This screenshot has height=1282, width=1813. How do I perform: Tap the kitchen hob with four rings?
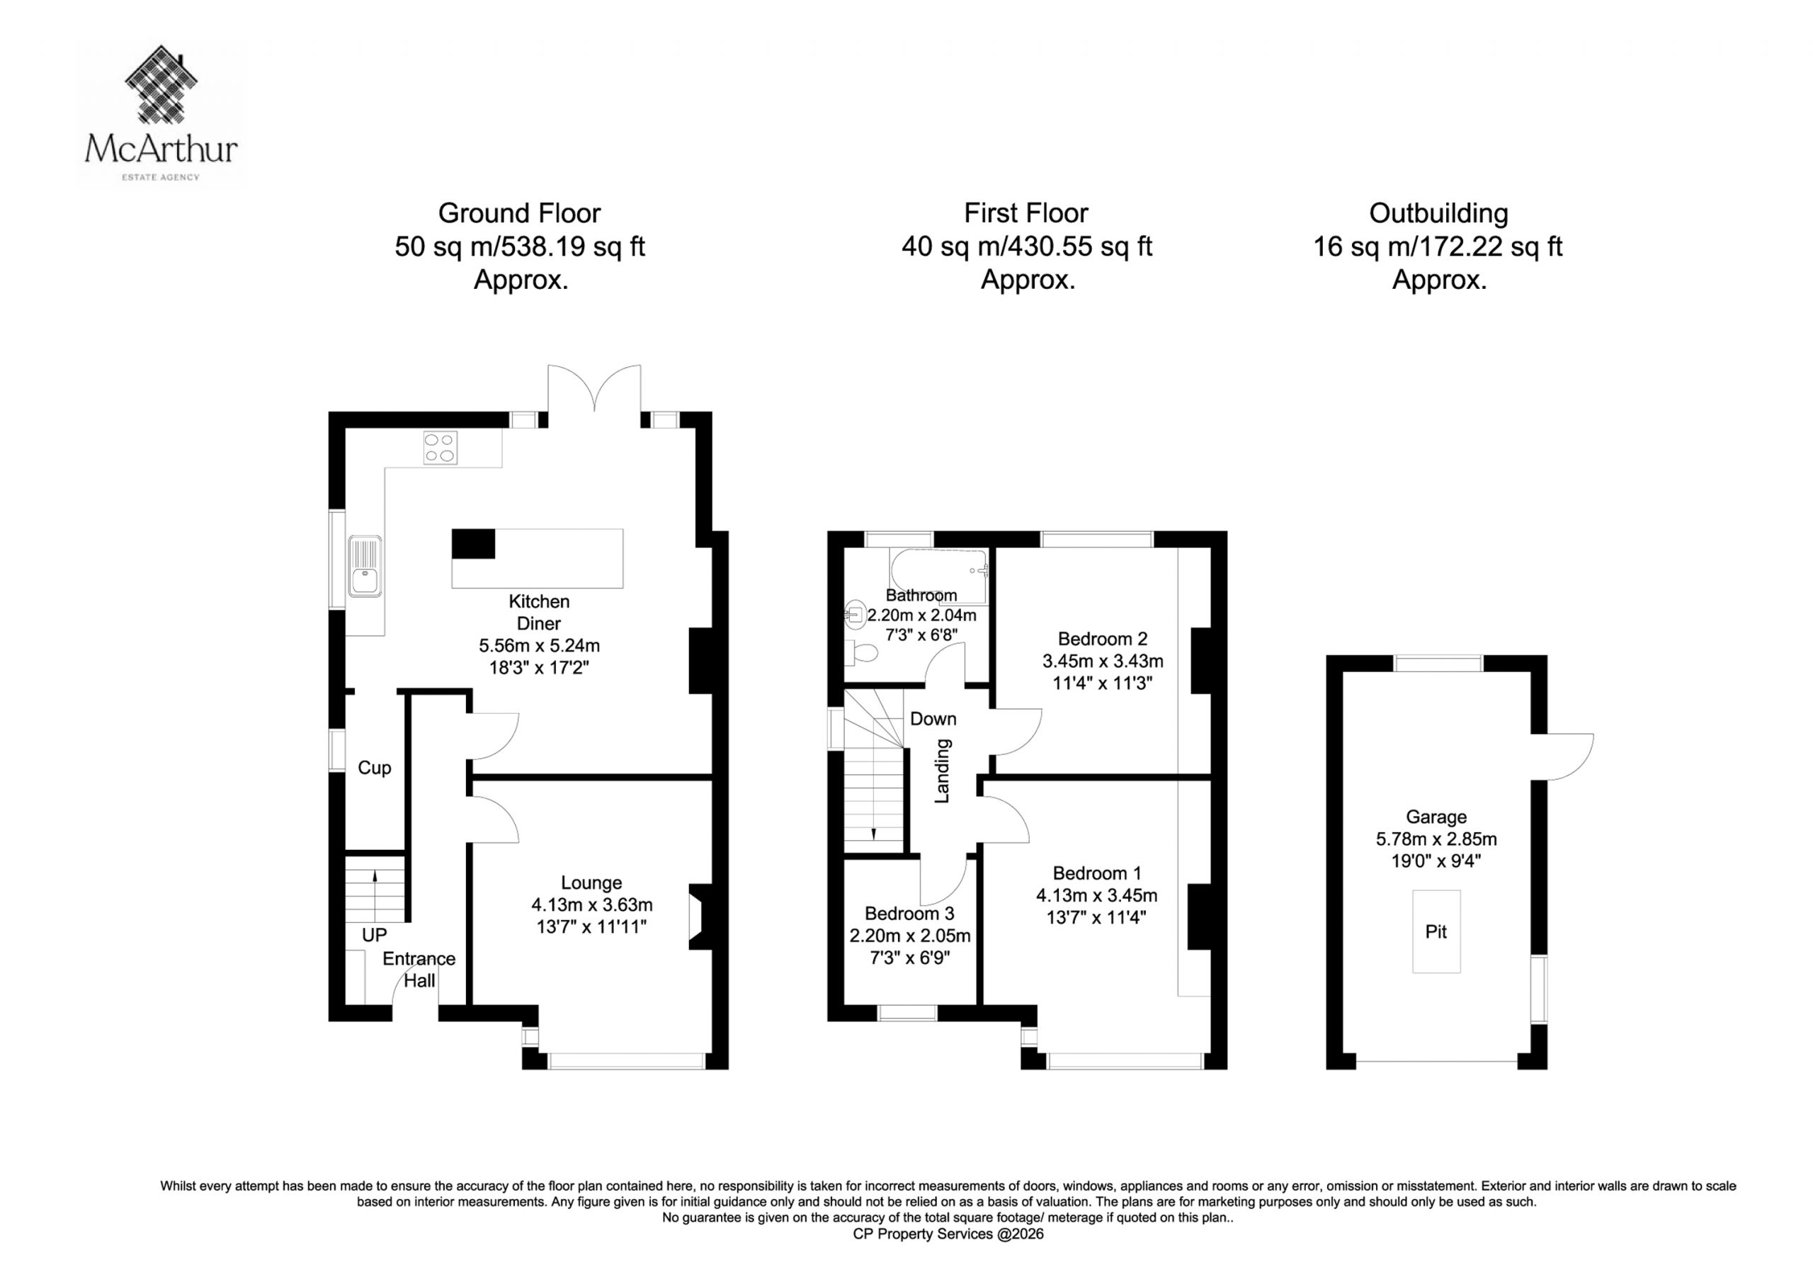click(440, 447)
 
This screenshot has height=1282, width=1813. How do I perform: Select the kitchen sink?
click(365, 565)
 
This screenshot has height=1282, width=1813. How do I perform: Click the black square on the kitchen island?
click(473, 544)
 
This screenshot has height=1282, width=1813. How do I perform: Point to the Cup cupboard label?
click(375, 768)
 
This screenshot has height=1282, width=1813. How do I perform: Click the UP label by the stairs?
click(375, 935)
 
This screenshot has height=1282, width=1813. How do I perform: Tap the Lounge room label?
click(591, 883)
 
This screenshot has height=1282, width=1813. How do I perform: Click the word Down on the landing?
click(933, 719)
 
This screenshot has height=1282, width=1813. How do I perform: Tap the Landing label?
click(942, 771)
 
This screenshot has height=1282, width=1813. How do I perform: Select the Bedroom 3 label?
click(909, 914)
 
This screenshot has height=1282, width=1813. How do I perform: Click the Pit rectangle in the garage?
click(1436, 931)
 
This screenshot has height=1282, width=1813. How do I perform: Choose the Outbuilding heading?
click(1438, 213)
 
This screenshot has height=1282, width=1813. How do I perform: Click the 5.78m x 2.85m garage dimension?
click(1436, 839)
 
